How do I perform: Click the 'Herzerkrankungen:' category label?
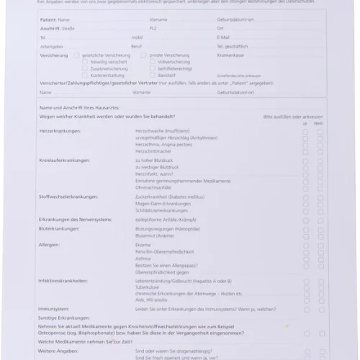coord(60,130)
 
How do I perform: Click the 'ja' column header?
coord(305,123)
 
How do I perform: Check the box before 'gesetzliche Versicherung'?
coord(76,55)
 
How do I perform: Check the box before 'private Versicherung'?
coord(144,55)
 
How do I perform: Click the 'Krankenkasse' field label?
coord(230,55)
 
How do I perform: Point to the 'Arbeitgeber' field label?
coord(51,45)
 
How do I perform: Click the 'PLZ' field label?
coord(153,27)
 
